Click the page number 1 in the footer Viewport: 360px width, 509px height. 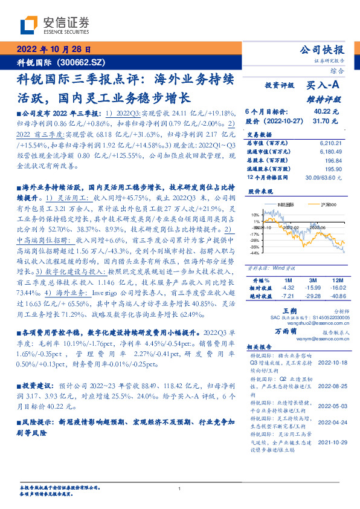180,489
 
